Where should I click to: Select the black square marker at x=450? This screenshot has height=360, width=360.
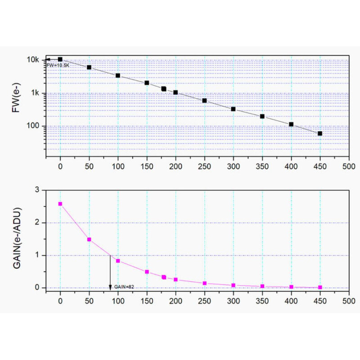(320, 133)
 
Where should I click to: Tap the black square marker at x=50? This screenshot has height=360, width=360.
(89, 67)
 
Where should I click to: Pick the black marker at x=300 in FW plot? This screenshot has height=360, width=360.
(233, 109)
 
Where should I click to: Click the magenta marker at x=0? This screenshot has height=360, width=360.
(60, 204)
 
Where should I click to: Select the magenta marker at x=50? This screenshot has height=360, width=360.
(89, 239)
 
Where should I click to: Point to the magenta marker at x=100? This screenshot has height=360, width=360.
(118, 261)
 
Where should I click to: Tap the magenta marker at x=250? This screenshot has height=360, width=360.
(204, 283)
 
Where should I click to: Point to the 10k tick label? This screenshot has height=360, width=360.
(34, 60)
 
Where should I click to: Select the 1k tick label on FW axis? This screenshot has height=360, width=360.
(36, 93)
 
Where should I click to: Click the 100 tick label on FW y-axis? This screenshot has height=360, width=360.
(35, 126)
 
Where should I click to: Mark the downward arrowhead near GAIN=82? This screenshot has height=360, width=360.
(110, 287)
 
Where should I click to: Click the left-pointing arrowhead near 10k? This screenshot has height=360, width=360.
(46, 59)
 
